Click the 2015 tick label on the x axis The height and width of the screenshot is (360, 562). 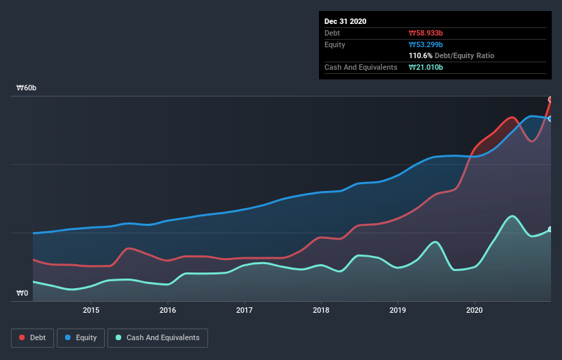tap(91, 309)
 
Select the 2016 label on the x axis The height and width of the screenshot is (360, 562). tap(168, 309)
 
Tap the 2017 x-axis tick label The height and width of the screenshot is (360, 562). tap(244, 309)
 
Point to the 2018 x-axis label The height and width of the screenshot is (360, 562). tap(320, 309)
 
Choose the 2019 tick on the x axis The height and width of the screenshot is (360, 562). tap(397, 309)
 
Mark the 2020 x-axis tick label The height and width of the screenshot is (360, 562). tap(474, 309)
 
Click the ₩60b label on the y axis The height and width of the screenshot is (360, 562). tap(27, 88)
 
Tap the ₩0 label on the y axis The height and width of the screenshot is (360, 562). tap(23, 294)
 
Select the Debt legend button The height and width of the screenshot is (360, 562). tap(32, 337)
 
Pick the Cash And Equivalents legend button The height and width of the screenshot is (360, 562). tap(157, 337)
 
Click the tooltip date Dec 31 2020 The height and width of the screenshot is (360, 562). tap(345, 21)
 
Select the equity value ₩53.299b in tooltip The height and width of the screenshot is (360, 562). tap(429, 44)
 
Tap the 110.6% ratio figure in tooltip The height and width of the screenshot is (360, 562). tap(420, 55)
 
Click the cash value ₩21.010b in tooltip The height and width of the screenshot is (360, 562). tap(429, 67)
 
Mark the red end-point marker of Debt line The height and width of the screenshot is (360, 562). tap(550, 99)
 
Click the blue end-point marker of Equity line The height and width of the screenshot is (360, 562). tap(550, 118)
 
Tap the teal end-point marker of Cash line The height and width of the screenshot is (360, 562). tap(550, 229)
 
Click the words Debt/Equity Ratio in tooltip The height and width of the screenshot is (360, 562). tap(465, 55)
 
